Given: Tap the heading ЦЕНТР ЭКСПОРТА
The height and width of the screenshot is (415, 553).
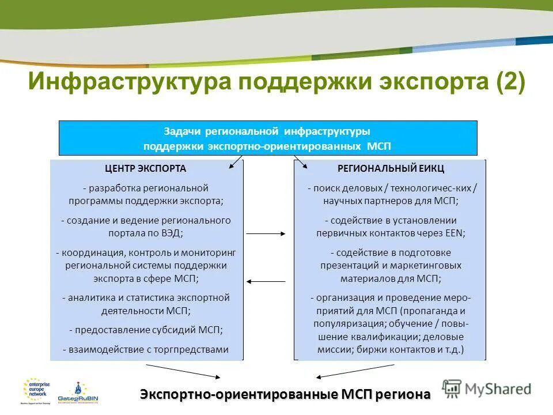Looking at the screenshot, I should tap(146, 169).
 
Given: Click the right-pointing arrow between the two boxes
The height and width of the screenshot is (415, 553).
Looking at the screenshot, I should tap(266, 233).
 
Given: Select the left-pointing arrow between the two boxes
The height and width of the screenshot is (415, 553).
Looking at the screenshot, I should tap(266, 281).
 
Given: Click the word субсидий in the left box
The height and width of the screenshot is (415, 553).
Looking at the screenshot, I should tap(170, 330).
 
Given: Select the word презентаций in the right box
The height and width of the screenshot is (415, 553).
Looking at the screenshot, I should tap(347, 266).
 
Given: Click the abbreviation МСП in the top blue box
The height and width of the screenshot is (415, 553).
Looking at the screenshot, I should tap(379, 146).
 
